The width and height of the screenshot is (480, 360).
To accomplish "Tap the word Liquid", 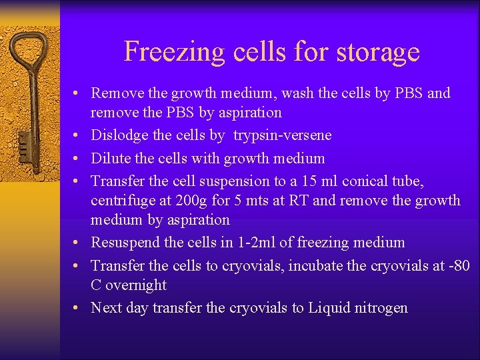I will [x=330, y=308].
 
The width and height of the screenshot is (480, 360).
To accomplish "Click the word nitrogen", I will [x=381, y=308].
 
